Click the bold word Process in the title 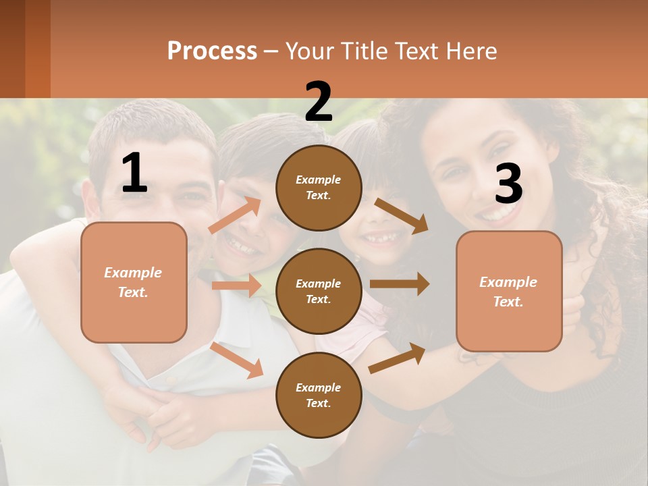click(x=212, y=51)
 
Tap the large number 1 click(x=134, y=173)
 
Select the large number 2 click(x=319, y=102)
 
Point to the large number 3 click(x=508, y=184)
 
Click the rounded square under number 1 click(x=134, y=282)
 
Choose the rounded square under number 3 click(x=509, y=291)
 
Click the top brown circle click(x=319, y=188)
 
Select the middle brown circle click(x=319, y=291)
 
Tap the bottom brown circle click(x=319, y=395)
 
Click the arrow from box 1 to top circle click(x=234, y=216)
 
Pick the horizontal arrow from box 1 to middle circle click(x=236, y=286)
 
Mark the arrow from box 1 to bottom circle click(x=237, y=360)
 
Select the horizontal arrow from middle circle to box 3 click(x=399, y=284)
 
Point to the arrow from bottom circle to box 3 click(x=397, y=358)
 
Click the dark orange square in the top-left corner click(x=25, y=49)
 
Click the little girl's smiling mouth click(x=382, y=238)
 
